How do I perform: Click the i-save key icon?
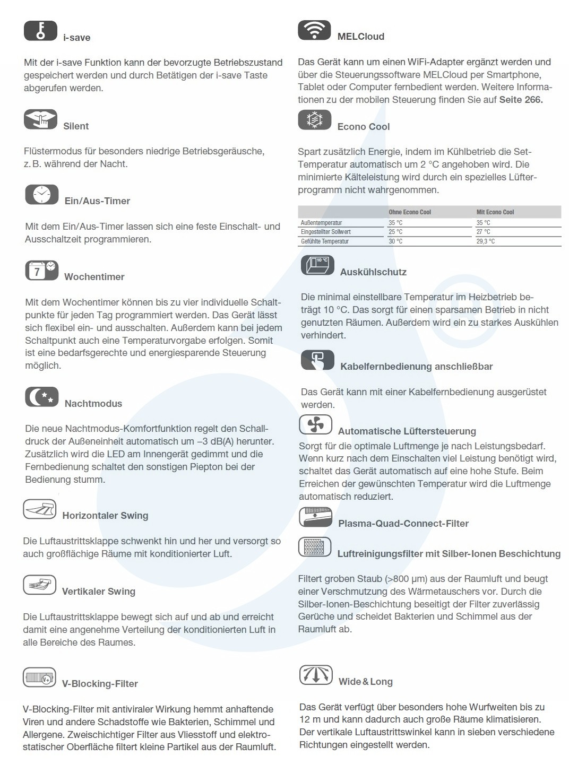tap(40, 30)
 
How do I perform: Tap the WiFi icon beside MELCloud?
tap(314, 30)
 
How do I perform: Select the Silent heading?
tap(76, 126)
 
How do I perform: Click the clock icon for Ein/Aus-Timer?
tap(41, 195)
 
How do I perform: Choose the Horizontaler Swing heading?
tap(105, 516)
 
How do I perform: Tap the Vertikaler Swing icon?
tap(39, 585)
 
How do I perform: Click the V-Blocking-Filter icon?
tap(39, 677)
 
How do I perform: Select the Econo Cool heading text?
tap(364, 127)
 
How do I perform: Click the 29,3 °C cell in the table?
tap(486, 241)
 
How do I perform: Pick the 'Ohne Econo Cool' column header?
tap(410, 212)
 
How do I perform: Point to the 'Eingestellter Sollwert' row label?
tap(326, 232)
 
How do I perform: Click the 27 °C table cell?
tap(484, 232)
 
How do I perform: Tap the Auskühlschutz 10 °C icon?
tap(317, 265)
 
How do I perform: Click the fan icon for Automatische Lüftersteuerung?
tap(315, 424)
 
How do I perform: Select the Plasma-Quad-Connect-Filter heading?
tap(403, 524)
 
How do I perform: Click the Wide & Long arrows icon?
tap(316, 675)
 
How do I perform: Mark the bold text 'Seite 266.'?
tap(521, 100)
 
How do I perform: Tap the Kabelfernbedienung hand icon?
tap(317, 360)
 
